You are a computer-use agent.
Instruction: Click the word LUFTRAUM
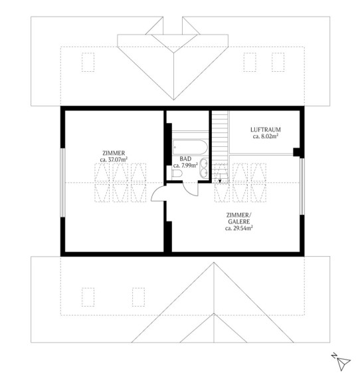pos(266,130)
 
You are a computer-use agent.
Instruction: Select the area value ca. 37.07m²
pos(114,160)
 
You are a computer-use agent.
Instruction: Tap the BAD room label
pos(185,159)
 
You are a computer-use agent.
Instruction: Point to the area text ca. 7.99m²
pos(185,166)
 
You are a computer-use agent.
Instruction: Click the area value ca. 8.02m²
pos(266,136)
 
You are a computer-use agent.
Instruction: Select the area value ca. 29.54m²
pos(239,228)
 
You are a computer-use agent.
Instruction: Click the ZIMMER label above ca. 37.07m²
pos(114,153)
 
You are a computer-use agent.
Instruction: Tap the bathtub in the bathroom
pos(190,147)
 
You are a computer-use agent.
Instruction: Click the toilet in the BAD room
pos(177,174)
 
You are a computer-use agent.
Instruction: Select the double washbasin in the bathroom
pos(204,168)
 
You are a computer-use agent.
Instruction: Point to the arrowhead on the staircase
pos(220,181)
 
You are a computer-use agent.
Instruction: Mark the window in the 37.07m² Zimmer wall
pos(62,182)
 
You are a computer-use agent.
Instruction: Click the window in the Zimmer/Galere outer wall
pos(302,186)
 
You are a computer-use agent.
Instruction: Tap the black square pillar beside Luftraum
pos(298,152)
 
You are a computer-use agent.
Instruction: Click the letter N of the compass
pos(334,355)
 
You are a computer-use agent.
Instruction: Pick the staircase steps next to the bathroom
pos(220,146)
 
